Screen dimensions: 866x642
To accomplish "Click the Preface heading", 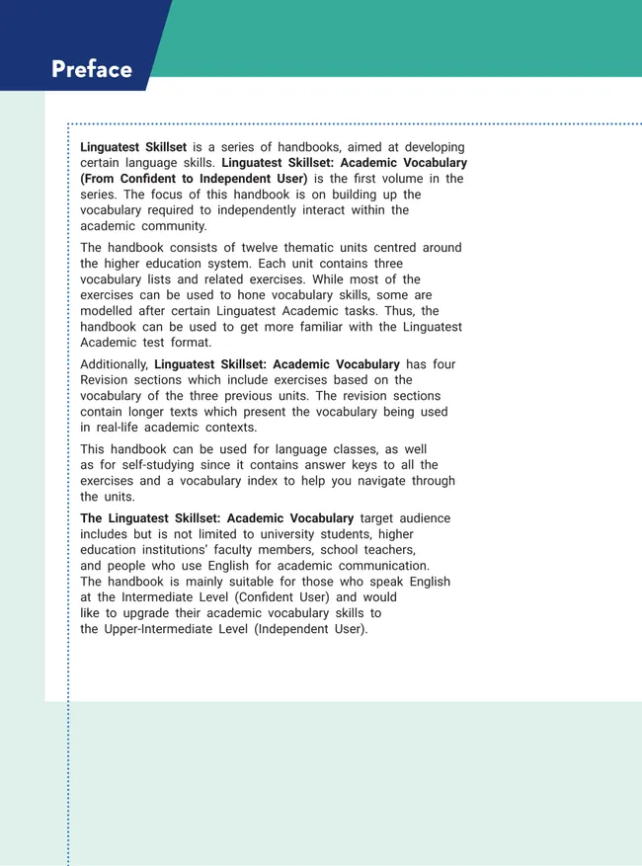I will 91,70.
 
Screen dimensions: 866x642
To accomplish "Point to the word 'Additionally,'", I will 115,364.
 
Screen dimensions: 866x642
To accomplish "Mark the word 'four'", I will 443,364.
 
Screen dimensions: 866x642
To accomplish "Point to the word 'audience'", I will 425,518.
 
